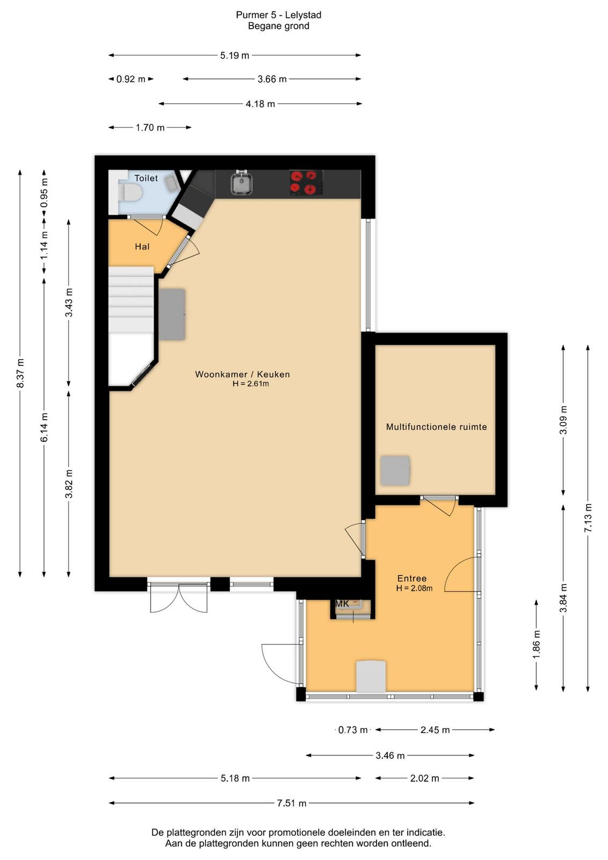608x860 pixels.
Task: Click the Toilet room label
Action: pyautogui.click(x=146, y=178)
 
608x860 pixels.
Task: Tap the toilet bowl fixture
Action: pyautogui.click(x=127, y=191)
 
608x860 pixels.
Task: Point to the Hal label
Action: pyautogui.click(x=142, y=247)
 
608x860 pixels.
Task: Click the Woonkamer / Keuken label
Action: pyautogui.click(x=242, y=374)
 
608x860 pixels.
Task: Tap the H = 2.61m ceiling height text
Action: pyautogui.click(x=250, y=384)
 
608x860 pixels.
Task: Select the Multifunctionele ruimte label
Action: pyautogui.click(x=437, y=427)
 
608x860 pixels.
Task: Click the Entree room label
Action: pyautogui.click(x=411, y=578)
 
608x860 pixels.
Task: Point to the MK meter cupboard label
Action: pyautogui.click(x=342, y=604)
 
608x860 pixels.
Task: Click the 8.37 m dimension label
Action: pyautogui.click(x=20, y=373)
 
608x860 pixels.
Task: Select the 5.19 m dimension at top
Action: pyautogui.click(x=234, y=56)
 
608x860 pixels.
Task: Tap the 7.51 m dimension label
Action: pyautogui.click(x=292, y=803)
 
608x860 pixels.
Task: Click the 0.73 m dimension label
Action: pyautogui.click(x=353, y=730)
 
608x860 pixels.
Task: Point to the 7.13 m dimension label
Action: pyautogui.click(x=588, y=518)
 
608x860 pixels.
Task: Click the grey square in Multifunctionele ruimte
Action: pyautogui.click(x=395, y=471)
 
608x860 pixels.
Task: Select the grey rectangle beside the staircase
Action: pyautogui.click(x=172, y=314)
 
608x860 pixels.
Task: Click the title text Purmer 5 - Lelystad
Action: pyautogui.click(x=279, y=15)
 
